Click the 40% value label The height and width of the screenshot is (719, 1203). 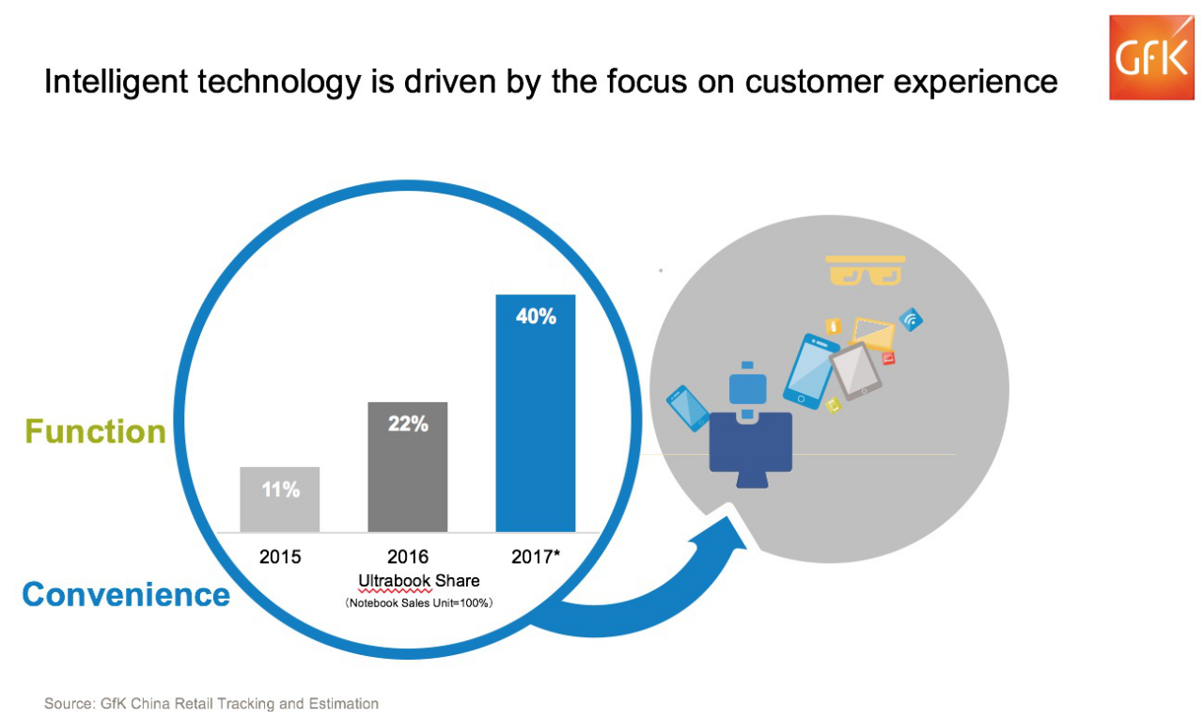click(x=536, y=317)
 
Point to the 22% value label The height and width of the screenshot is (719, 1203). click(x=408, y=424)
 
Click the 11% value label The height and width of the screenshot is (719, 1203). click(x=280, y=489)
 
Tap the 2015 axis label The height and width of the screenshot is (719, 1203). click(x=280, y=556)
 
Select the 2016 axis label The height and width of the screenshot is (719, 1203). click(x=408, y=556)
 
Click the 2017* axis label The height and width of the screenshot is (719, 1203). click(x=536, y=556)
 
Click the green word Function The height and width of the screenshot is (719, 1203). click(x=95, y=431)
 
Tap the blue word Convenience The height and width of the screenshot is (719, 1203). click(x=126, y=594)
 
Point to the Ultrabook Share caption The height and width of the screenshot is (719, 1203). click(x=419, y=580)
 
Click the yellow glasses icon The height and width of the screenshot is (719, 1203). click(x=866, y=270)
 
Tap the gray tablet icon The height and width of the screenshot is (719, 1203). click(x=855, y=370)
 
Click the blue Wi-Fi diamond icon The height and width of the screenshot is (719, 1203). click(x=910, y=320)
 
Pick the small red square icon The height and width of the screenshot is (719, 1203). click(x=888, y=358)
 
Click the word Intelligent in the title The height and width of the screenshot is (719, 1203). click(x=106, y=82)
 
